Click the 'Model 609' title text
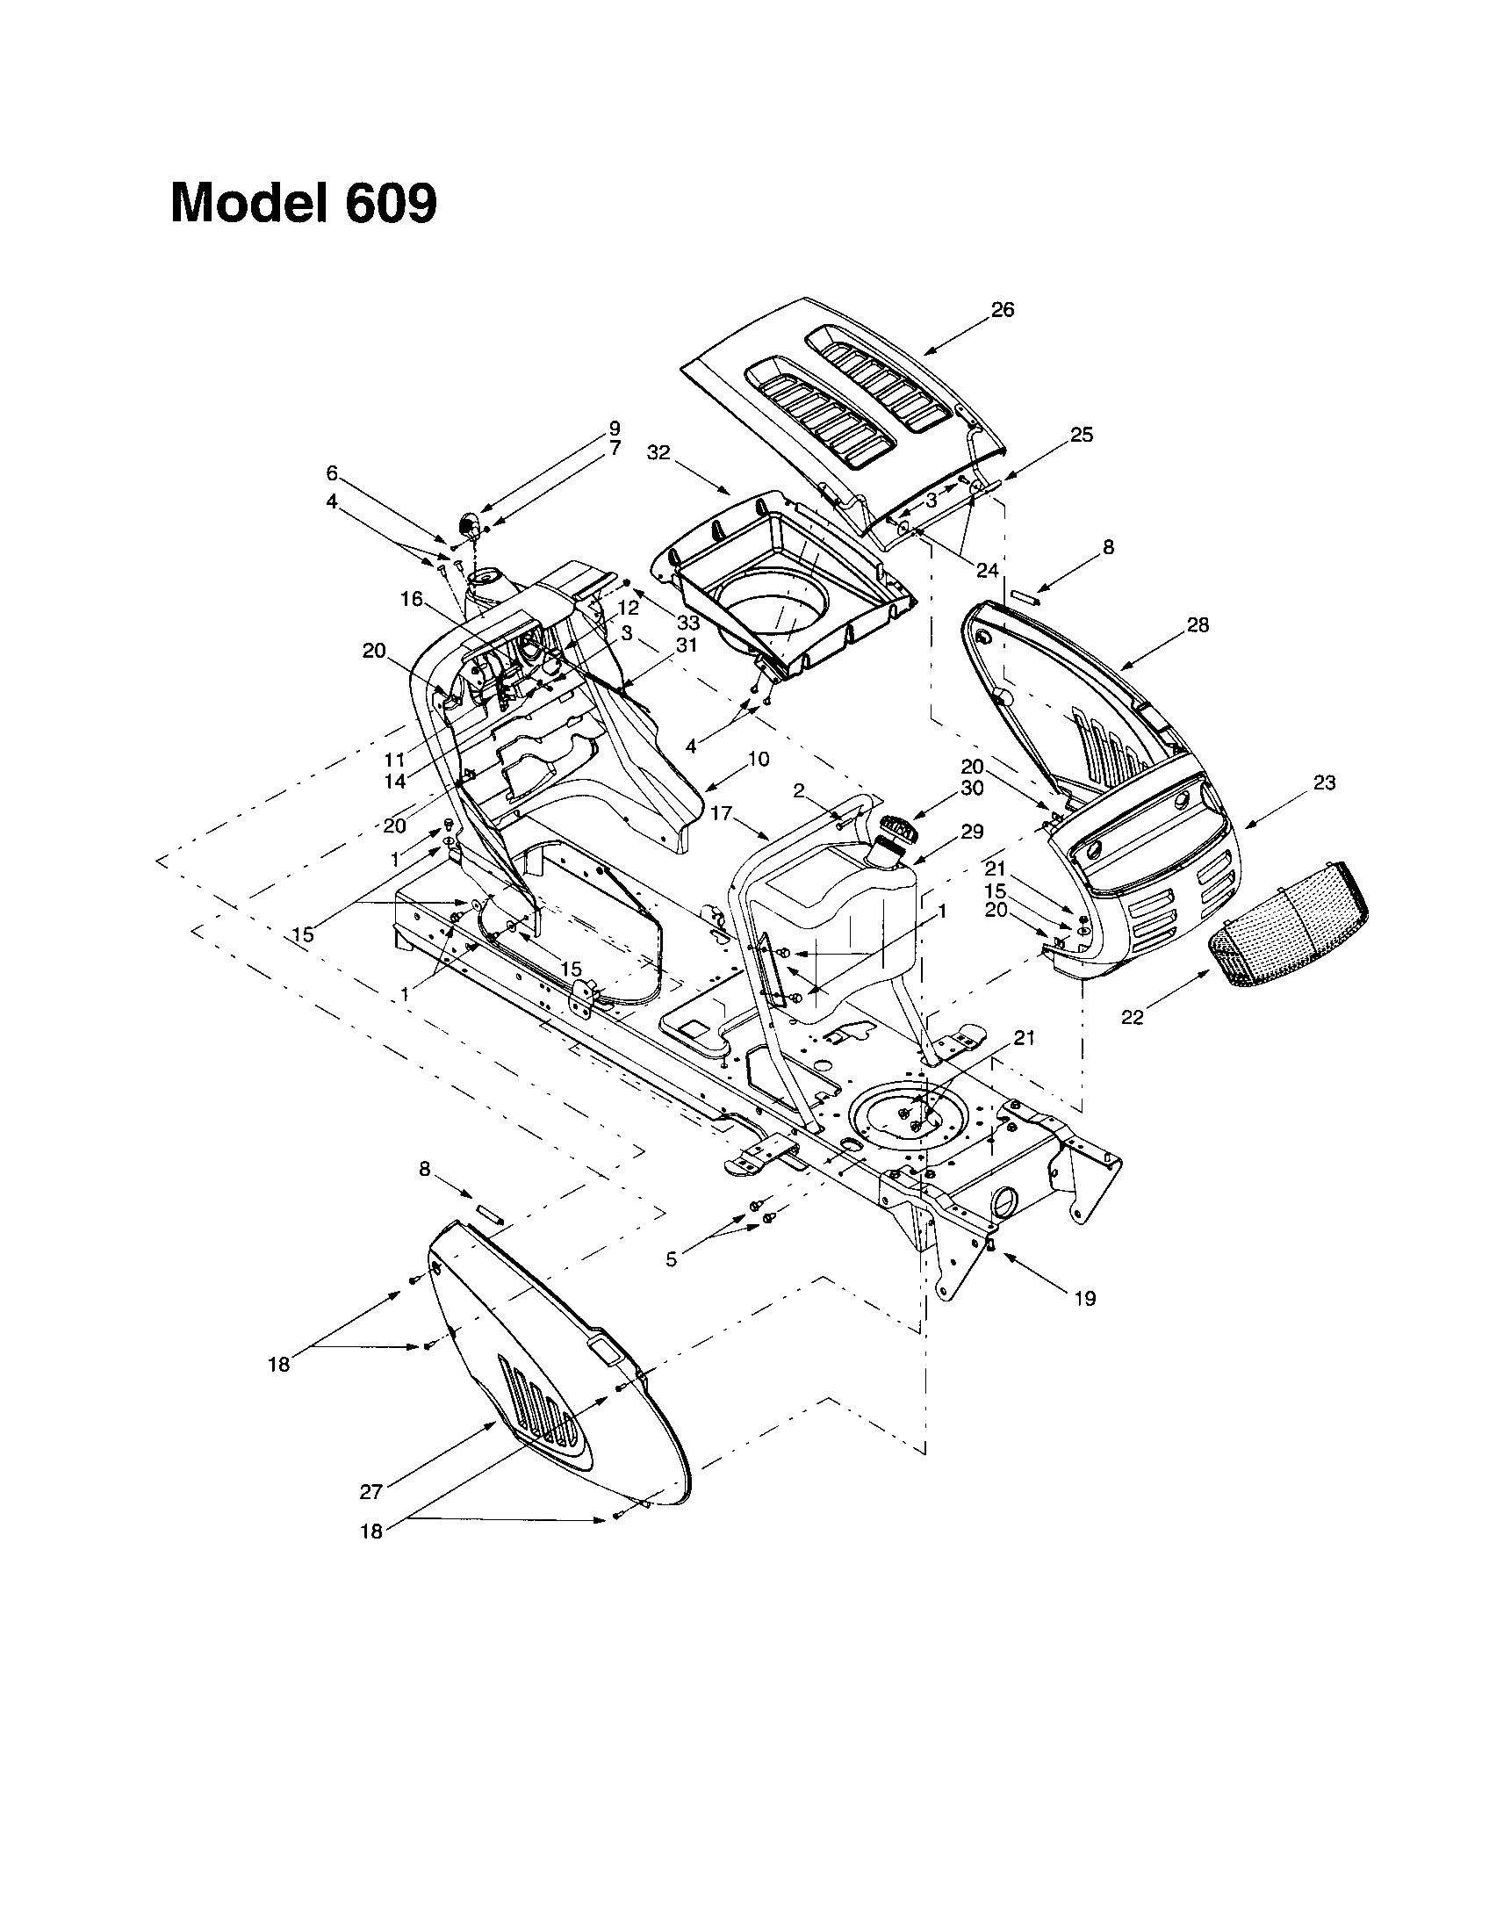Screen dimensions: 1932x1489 303,204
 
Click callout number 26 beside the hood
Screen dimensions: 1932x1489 1002,310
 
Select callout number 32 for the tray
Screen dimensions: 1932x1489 658,452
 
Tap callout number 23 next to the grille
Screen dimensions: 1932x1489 1324,782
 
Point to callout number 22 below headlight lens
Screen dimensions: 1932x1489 1132,1017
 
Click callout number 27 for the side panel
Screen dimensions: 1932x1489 370,1491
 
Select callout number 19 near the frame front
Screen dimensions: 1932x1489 1084,1298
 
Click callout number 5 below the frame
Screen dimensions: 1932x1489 672,1259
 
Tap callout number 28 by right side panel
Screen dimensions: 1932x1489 1198,625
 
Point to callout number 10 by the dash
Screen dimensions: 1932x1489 758,758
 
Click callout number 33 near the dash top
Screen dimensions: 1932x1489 688,624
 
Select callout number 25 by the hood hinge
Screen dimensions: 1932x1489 1082,436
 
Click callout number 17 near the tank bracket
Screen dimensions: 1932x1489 722,812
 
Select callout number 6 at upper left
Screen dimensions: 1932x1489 332,472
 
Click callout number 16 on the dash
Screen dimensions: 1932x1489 411,599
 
